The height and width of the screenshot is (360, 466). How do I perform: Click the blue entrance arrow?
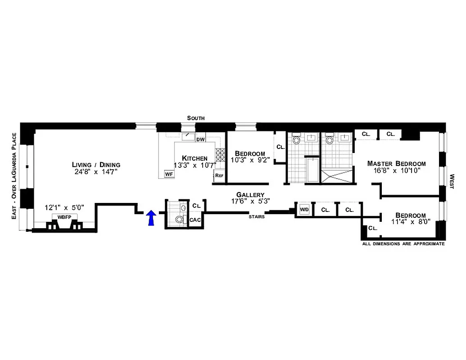151,218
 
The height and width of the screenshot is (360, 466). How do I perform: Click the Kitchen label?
195,158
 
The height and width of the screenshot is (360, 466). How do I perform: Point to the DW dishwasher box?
201,139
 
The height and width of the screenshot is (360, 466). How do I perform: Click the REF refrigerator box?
219,175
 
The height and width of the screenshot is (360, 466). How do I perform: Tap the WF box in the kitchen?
169,174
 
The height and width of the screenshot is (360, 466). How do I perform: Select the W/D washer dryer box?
304,210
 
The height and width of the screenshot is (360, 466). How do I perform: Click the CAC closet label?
195,220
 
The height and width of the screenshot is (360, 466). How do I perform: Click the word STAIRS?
256,217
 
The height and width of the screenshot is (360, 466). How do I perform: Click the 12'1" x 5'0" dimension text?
70,208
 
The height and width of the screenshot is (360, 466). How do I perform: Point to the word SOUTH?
196,118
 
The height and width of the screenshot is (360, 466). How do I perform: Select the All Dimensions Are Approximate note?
403,244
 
